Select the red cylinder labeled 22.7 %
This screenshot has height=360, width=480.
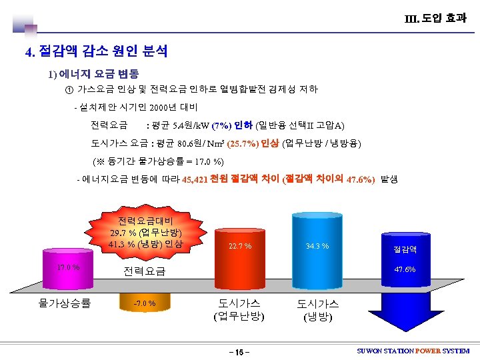239,256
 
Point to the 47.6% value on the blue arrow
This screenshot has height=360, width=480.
405,269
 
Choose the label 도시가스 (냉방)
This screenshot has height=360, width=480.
317,309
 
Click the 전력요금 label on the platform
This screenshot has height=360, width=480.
144,271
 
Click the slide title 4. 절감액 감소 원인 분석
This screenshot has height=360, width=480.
96,51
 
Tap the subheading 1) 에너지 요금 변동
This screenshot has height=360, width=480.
93,73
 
